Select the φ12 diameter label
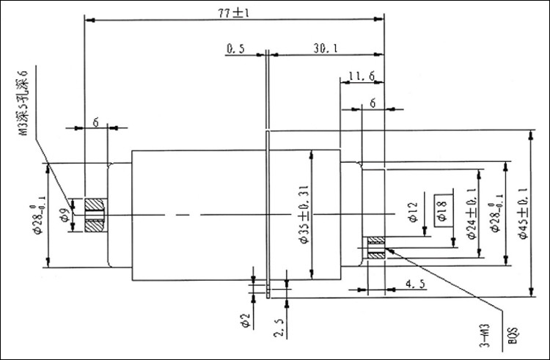tap(412, 213)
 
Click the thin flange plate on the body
tap(269, 213)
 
